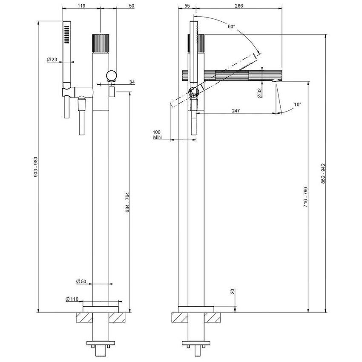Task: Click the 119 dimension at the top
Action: point(82,6)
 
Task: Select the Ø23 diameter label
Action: point(52,60)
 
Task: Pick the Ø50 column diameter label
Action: point(81,282)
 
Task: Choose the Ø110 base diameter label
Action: point(72,299)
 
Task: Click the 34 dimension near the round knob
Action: point(120,82)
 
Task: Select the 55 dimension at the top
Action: point(187,6)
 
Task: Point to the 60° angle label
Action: point(231,26)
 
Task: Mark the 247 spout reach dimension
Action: point(236,110)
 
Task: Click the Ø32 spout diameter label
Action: point(259,93)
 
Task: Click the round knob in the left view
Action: point(112,76)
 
